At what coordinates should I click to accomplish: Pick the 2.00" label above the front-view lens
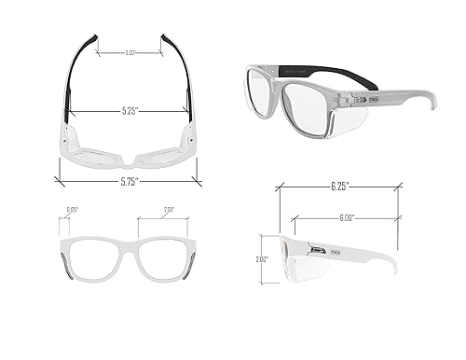tap(168, 210)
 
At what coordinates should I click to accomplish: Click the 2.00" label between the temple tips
tap(130, 53)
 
